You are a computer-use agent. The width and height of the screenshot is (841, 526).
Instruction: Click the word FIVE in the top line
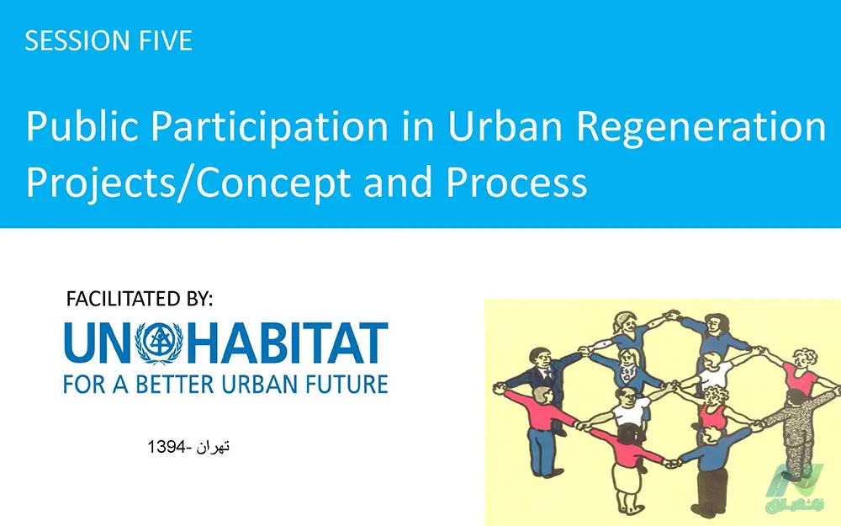pyautogui.click(x=166, y=40)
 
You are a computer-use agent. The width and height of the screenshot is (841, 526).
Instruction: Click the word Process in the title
pyautogui.click(x=517, y=182)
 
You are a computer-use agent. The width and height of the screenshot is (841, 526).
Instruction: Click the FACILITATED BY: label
pyautogui.click(x=140, y=299)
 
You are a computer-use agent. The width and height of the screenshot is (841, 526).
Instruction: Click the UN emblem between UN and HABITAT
pyautogui.click(x=159, y=343)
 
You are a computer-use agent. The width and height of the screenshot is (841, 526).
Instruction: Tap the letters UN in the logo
pyautogui.click(x=98, y=343)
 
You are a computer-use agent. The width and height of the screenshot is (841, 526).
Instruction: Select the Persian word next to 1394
pyautogui.click(x=213, y=447)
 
